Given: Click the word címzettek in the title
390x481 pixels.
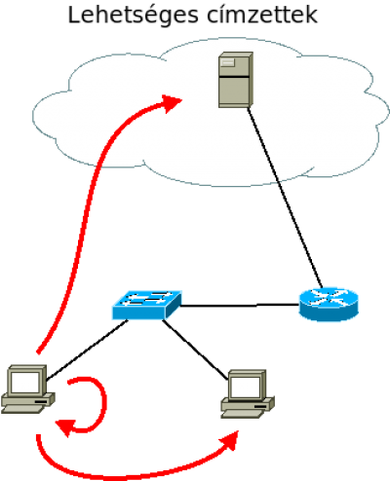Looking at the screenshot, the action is tap(262, 15).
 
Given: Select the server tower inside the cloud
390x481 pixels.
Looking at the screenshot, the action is tap(236, 80).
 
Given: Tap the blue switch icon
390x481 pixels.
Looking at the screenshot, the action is tap(147, 305).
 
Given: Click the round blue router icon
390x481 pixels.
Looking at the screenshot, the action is tap(329, 304).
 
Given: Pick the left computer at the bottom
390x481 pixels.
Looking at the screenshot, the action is tap(27, 388).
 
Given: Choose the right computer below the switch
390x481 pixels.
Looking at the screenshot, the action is tap(248, 393).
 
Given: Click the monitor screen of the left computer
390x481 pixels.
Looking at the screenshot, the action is tap(25, 383).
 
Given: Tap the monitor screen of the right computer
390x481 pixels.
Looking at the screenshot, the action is tap(246, 388).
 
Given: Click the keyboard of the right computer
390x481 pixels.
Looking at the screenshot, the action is tap(242, 414).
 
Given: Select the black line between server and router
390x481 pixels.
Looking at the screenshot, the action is tap(285, 198).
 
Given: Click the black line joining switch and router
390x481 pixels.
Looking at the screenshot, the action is tap(240, 306).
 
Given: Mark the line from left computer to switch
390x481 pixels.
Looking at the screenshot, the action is tap(87, 350).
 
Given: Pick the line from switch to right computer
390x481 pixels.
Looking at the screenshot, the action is tap(195, 350).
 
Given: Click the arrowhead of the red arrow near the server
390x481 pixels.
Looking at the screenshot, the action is tap(172, 103).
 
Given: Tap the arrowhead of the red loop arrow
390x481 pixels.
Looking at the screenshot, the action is tap(66, 427).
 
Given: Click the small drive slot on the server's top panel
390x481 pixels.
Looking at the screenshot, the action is tap(227, 62).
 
